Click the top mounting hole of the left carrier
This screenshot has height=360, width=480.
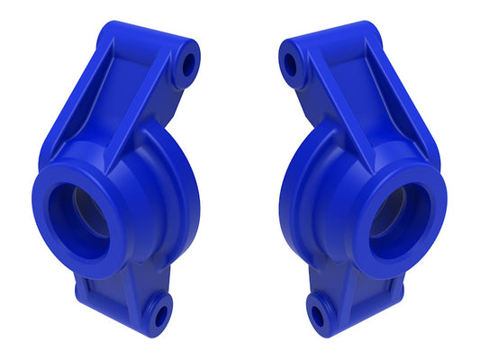click(188, 66)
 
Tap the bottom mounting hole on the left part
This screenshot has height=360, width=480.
click(159, 314)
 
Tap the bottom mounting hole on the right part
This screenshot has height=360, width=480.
click(317, 313)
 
